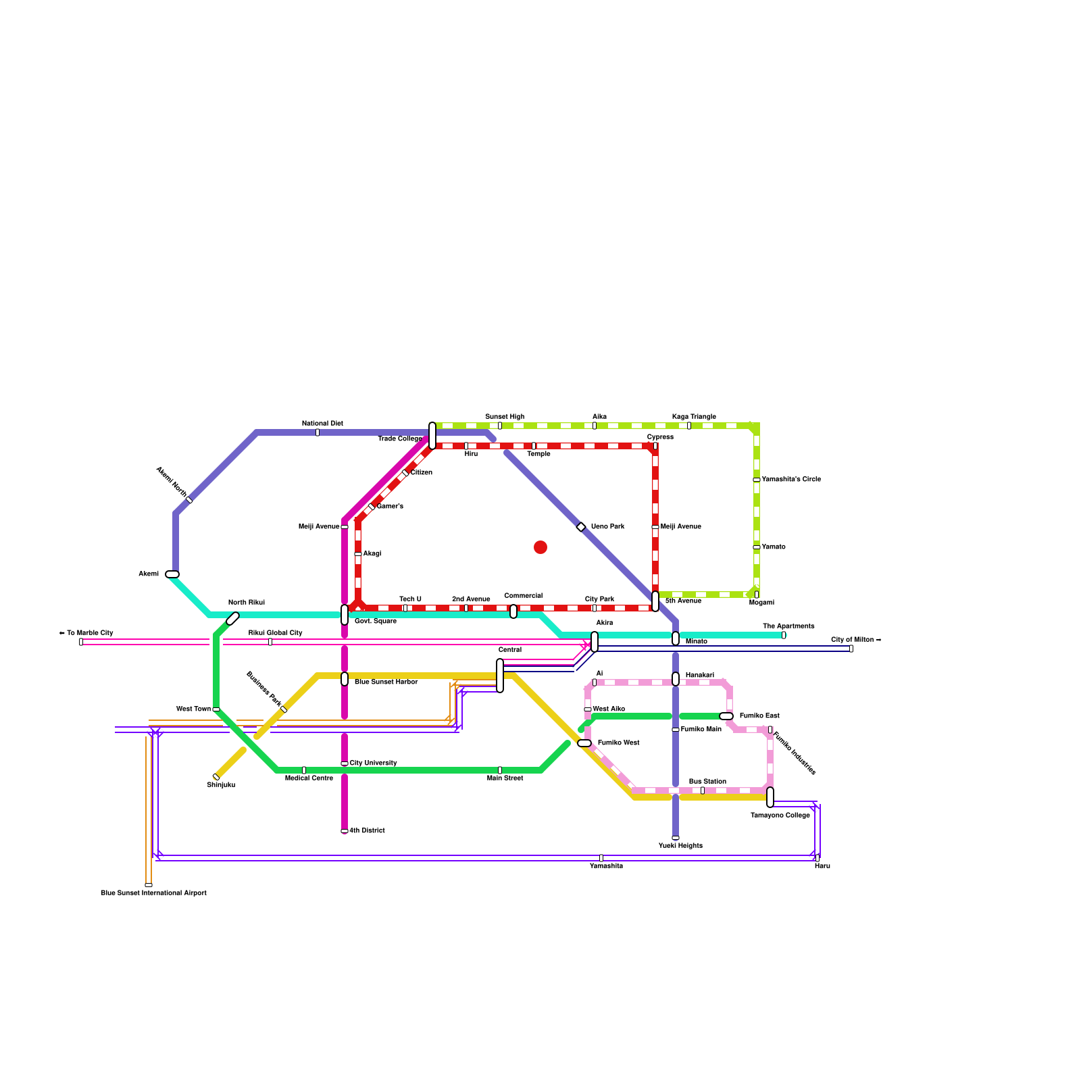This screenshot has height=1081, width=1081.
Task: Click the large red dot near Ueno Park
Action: [540, 547]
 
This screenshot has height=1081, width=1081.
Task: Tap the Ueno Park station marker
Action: [581, 527]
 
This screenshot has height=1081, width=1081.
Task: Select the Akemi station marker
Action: [172, 574]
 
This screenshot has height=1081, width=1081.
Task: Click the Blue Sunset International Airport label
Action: [153, 893]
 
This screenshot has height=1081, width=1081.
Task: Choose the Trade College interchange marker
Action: [432, 436]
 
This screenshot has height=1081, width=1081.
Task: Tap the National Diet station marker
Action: [318, 432]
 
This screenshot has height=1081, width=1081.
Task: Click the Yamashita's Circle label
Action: [791, 480]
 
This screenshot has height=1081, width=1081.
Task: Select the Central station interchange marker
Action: [500, 676]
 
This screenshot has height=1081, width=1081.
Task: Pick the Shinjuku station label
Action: [221, 785]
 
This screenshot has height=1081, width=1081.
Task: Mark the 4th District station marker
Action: [345, 831]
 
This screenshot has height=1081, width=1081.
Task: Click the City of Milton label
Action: [856, 640]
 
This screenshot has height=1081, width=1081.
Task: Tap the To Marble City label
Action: [86, 633]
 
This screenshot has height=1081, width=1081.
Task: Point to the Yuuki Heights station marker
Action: [676, 838]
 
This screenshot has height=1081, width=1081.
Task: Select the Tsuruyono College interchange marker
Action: [770, 797]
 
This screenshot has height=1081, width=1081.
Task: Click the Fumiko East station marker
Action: [726, 716]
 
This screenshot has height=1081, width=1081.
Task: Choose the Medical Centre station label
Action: [309, 778]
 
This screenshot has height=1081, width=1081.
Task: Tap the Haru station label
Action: [822, 866]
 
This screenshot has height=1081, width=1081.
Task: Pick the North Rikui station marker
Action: [232, 618]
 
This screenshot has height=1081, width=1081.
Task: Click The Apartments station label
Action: [788, 626]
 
